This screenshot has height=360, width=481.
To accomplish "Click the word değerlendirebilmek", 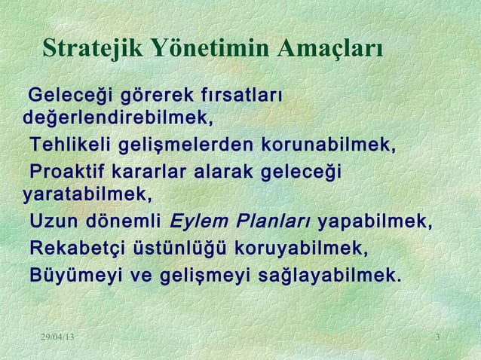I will click(118, 119).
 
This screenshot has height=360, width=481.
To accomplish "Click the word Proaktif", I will click(67, 172).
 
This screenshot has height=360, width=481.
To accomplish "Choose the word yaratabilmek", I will click(87, 195).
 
